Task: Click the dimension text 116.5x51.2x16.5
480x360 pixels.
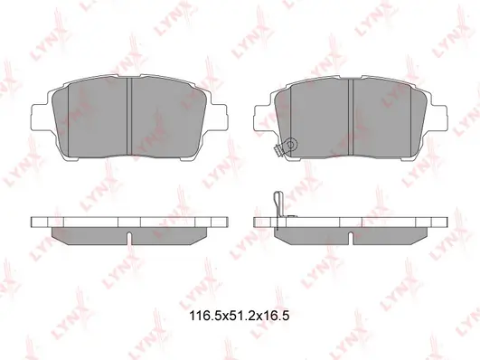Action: coord(240,316)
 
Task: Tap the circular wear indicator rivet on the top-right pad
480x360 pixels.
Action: coord(291,144)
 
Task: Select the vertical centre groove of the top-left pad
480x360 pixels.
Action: coord(129,117)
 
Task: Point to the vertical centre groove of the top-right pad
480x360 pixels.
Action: coord(351,117)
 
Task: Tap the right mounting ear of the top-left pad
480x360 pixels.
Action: coord(218,117)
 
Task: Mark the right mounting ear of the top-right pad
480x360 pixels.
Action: coord(439,117)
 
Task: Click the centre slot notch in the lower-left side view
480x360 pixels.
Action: coord(129,238)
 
